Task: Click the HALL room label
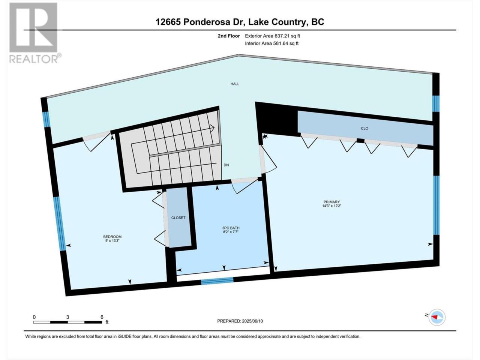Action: pyautogui.click(x=235, y=84)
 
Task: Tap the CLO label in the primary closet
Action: pyautogui.click(x=364, y=129)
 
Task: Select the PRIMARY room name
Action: pyautogui.click(x=331, y=202)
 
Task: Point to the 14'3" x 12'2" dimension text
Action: pyautogui.click(x=331, y=206)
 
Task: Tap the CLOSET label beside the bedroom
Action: pyautogui.click(x=178, y=218)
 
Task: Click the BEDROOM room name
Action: pyautogui.click(x=112, y=237)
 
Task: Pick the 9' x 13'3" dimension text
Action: pyautogui.click(x=112, y=241)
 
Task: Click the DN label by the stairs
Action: pyautogui.click(x=226, y=165)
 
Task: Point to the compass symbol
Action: pyautogui.click(x=437, y=317)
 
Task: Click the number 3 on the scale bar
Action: pyautogui.click(x=67, y=317)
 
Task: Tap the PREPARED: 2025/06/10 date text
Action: pyautogui.click(x=240, y=321)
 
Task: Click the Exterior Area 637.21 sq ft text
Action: pyautogui.click(x=273, y=36)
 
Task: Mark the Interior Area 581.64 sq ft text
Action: pyautogui.click(x=271, y=43)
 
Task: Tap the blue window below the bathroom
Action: pyautogui.click(x=217, y=281)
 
